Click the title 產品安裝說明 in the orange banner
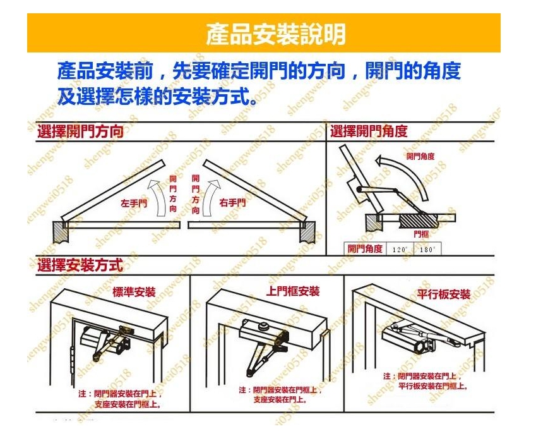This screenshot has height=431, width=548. tap(276, 34)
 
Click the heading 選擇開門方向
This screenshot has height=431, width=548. tap(80, 132)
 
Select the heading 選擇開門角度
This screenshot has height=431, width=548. tap(369, 131)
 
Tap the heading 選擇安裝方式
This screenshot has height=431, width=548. tap(80, 264)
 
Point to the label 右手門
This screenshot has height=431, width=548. tap(232, 203)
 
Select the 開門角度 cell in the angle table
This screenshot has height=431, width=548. tap(365, 249)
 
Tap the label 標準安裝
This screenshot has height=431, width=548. tap(134, 292)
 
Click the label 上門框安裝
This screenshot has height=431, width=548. tap(293, 291)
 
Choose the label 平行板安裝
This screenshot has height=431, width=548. tap(444, 294)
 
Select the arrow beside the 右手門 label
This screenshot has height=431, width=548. tap(212, 196)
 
